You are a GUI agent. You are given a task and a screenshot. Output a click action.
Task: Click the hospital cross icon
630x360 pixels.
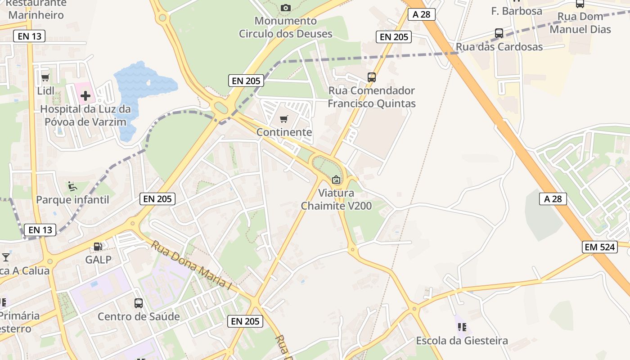[85, 95]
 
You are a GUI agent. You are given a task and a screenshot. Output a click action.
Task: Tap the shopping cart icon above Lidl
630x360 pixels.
[45, 78]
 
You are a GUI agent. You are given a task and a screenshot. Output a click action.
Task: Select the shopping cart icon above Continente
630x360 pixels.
[283, 119]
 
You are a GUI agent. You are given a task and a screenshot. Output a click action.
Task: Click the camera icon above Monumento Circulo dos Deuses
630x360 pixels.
[285, 8]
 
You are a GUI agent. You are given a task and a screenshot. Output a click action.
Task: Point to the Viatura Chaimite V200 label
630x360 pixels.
[336, 199]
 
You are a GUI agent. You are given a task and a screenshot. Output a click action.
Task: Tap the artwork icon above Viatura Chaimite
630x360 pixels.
[336, 180]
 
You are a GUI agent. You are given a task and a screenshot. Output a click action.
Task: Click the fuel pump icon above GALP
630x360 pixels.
[98, 246]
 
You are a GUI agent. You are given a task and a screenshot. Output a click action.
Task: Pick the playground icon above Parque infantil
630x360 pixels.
[72, 186]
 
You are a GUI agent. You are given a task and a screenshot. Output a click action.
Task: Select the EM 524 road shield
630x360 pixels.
[600, 247]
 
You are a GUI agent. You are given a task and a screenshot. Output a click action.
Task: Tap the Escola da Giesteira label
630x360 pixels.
[462, 341]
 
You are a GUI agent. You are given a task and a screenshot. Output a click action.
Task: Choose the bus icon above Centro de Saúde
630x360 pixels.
[139, 303]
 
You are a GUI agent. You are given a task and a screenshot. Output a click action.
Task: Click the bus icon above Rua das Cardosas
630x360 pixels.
[499, 33]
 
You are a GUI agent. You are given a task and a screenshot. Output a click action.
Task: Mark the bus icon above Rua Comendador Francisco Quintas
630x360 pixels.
[372, 77]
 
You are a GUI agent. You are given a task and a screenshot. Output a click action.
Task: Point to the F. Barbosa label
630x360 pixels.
[517, 11]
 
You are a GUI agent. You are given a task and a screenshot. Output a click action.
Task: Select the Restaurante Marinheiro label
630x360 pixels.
[36, 9]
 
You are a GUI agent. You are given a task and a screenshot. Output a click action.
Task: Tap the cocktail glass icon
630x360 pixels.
[6, 257]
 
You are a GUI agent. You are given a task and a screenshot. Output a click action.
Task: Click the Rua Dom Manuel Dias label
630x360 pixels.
[580, 23]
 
